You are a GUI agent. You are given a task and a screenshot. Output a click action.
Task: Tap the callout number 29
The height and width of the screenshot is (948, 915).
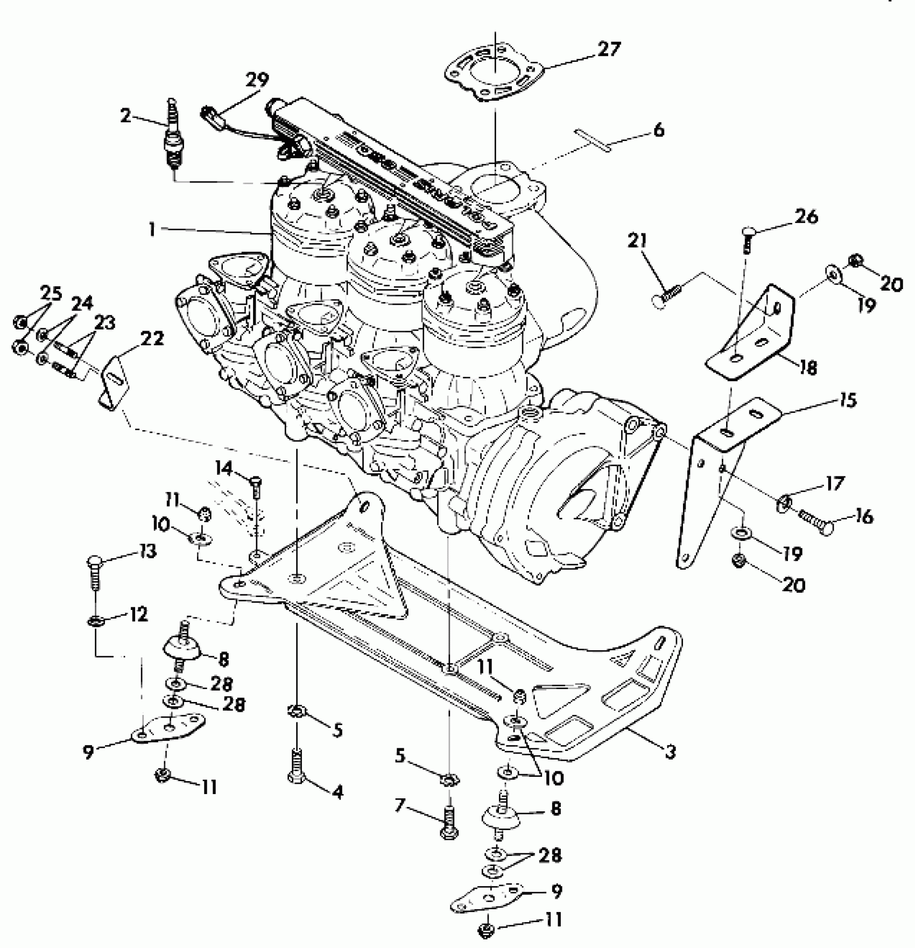pos(257,81)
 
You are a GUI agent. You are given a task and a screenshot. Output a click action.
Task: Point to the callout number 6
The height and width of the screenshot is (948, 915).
pos(658,131)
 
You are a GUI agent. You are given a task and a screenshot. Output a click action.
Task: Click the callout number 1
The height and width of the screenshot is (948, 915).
pos(152,230)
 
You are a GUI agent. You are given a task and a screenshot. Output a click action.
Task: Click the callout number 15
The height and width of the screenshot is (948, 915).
pos(847,401)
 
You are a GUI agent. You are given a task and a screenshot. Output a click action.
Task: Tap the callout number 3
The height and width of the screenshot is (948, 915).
pos(670,752)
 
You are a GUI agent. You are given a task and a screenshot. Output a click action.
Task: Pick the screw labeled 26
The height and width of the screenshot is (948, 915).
pos(748,240)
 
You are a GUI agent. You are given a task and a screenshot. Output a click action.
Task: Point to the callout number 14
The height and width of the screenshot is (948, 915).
pos(224,468)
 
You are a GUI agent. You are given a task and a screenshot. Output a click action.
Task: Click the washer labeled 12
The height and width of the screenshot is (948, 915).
pos(95,622)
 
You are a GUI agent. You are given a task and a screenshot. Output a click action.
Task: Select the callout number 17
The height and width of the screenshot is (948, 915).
pos(835,484)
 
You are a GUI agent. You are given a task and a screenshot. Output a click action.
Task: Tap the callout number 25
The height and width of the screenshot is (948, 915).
pos(52,294)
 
